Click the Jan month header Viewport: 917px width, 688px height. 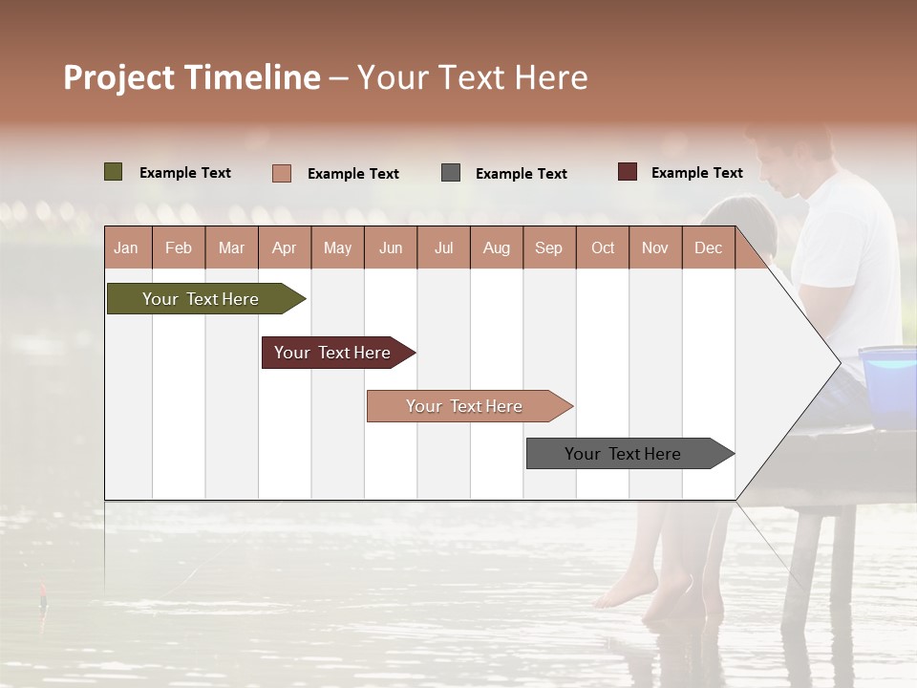126,248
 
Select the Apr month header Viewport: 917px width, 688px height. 285,248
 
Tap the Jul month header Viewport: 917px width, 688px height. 444,248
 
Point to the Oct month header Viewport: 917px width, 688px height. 603,248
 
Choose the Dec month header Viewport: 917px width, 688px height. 708,248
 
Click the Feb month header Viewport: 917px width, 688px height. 179,248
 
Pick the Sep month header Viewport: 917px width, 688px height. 549,248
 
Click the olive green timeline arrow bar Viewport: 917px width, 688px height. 201,299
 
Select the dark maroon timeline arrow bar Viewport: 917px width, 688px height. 332,353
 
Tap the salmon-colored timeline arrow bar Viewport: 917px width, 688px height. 464,406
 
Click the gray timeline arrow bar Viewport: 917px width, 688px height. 623,454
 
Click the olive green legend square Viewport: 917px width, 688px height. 114,172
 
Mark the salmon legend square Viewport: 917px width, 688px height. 282,173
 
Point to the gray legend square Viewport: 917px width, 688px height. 451,173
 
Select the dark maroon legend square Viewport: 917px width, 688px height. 628,172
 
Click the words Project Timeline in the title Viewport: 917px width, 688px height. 191,77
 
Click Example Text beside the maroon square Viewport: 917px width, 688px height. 696,173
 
